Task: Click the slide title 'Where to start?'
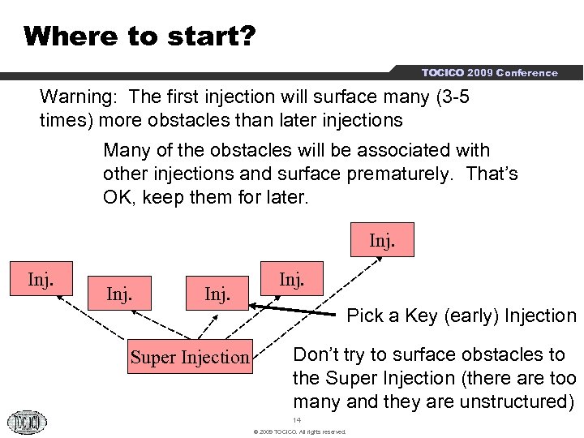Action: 140,36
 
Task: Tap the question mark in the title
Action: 247,36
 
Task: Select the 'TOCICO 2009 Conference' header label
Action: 489,73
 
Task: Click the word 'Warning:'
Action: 79,97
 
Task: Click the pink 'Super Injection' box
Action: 191,357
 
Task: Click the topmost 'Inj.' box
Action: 382,241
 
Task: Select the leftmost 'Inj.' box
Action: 41,280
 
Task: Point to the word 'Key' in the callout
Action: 421,316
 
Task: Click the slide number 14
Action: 297,420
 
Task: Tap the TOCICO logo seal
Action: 28,422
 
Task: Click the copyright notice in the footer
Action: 299,432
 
